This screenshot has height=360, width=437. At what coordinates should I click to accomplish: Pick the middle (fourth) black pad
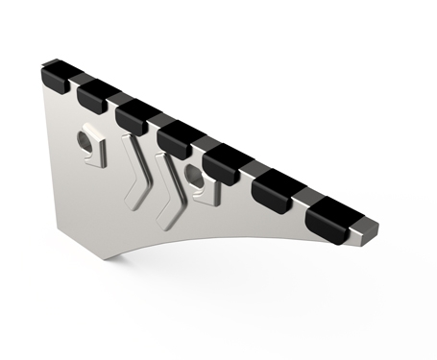coord(178,136)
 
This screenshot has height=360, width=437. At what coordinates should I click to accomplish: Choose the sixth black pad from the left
coord(274,187)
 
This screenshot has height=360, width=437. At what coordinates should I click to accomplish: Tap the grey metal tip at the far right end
coord(371,230)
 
